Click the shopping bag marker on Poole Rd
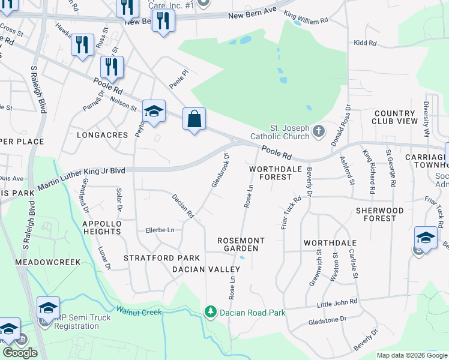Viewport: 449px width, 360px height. (x=194, y=119)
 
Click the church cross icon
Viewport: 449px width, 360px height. (x=319, y=130)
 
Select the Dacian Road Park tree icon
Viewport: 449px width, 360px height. (x=210, y=311)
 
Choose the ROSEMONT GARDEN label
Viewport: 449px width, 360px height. (x=241, y=244)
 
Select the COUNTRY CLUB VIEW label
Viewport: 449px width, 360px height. (x=395, y=117)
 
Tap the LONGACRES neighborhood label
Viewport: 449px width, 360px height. (x=102, y=135)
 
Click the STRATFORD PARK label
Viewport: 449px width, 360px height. (x=153, y=258)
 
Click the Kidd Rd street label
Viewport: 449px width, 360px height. (x=365, y=43)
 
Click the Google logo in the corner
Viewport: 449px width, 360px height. (x=20, y=352)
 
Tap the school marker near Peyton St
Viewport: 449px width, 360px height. (x=154, y=112)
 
